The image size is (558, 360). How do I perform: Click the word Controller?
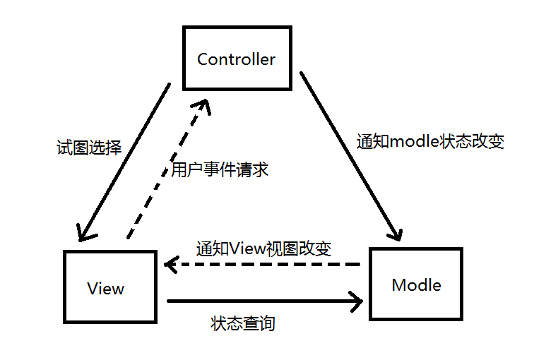pos(236,59)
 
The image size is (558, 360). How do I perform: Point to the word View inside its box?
pos(106,289)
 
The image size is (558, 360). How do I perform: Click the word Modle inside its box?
pos(416,285)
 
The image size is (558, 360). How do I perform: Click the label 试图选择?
pos(88,148)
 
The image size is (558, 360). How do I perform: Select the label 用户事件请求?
pos(220,169)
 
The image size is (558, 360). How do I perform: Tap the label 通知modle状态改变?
pos(430,141)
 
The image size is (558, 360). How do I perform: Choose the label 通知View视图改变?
pos(263,248)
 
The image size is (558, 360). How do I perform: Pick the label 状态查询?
pos(243,323)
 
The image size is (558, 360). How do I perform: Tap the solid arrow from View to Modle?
pos(261,302)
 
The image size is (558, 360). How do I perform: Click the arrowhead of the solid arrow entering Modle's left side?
pos(355,302)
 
